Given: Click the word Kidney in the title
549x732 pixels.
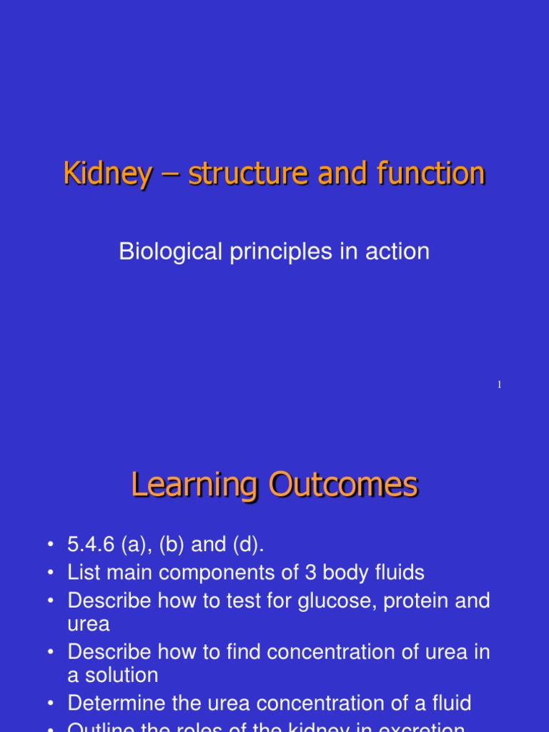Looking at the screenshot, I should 107,174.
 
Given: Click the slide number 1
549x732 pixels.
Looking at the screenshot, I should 500,385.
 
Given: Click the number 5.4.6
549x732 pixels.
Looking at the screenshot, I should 87,545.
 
